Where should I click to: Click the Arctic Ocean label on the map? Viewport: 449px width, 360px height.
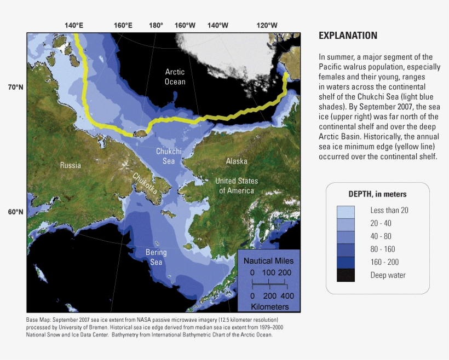tap(175, 77)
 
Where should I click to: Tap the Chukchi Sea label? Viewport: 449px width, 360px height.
tap(169, 156)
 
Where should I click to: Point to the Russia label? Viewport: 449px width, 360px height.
tap(71, 165)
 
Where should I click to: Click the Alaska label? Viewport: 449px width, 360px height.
tap(237, 161)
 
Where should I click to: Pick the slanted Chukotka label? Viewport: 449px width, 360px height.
tap(145, 184)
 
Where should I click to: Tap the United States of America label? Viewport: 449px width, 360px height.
tap(237, 185)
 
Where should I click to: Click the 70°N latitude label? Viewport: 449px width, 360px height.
tap(15, 87)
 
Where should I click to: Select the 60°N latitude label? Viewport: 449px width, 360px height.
tap(15, 212)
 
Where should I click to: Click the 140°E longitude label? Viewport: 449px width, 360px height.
tap(74, 25)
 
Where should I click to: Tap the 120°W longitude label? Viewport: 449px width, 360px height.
tap(267, 25)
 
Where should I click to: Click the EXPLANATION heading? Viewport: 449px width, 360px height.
tap(348, 36)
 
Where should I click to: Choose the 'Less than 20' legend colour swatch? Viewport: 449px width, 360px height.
tap(346, 210)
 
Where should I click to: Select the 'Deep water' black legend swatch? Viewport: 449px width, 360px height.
tap(346, 275)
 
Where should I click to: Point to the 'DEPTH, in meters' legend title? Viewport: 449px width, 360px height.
tap(377, 194)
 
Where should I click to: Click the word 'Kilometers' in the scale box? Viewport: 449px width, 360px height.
tap(269, 306)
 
